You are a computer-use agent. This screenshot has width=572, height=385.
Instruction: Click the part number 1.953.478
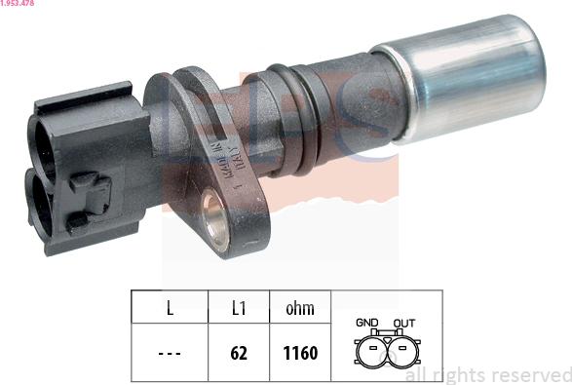pos(19,5)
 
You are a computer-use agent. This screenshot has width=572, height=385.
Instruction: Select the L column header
pos(170,309)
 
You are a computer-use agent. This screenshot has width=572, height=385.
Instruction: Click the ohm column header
pos(299,309)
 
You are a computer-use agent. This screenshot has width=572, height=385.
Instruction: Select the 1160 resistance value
pos(299,353)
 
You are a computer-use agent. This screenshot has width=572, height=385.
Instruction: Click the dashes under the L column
pos(170,353)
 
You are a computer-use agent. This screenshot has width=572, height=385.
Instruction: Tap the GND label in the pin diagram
pos(367,323)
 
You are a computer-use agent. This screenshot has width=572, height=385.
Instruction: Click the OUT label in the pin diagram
pos(403,323)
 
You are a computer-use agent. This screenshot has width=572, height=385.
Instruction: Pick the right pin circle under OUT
pos(402,351)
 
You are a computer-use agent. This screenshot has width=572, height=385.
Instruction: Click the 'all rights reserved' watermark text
pos(487,375)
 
